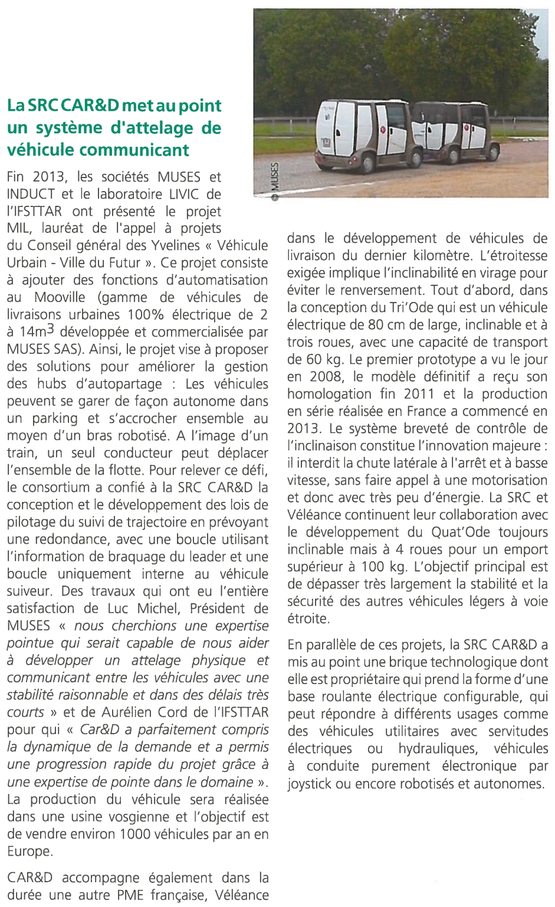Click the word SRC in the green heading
[42, 106]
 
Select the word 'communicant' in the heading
[134, 150]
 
